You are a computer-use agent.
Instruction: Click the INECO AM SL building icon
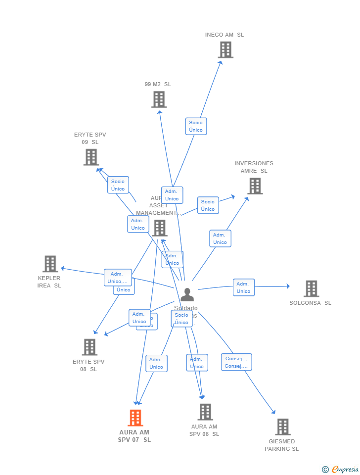(x=225, y=50)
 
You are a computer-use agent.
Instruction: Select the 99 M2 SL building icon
(x=159, y=99)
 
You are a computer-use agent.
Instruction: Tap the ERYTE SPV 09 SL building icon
(x=91, y=157)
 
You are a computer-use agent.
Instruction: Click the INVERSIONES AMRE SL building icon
(x=255, y=186)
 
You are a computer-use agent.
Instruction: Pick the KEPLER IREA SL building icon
(x=50, y=264)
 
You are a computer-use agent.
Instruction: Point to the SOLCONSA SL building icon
(x=311, y=288)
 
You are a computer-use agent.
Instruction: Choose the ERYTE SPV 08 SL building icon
(x=90, y=347)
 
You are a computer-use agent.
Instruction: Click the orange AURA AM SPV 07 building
(x=135, y=418)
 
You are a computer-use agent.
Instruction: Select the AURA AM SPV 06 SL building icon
(x=205, y=412)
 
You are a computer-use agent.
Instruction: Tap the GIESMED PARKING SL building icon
(x=282, y=427)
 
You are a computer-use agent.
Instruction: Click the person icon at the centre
(x=187, y=295)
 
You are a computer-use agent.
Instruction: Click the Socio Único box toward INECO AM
(x=196, y=126)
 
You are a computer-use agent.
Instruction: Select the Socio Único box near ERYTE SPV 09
(x=118, y=185)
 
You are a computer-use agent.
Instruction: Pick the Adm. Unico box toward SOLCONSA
(x=244, y=287)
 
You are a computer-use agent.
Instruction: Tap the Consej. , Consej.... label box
(x=236, y=362)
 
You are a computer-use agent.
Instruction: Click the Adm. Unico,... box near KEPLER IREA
(x=118, y=278)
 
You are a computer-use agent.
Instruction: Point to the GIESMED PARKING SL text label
(x=282, y=445)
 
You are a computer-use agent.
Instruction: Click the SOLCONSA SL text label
(x=310, y=303)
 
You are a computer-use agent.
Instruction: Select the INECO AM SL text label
(x=225, y=35)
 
